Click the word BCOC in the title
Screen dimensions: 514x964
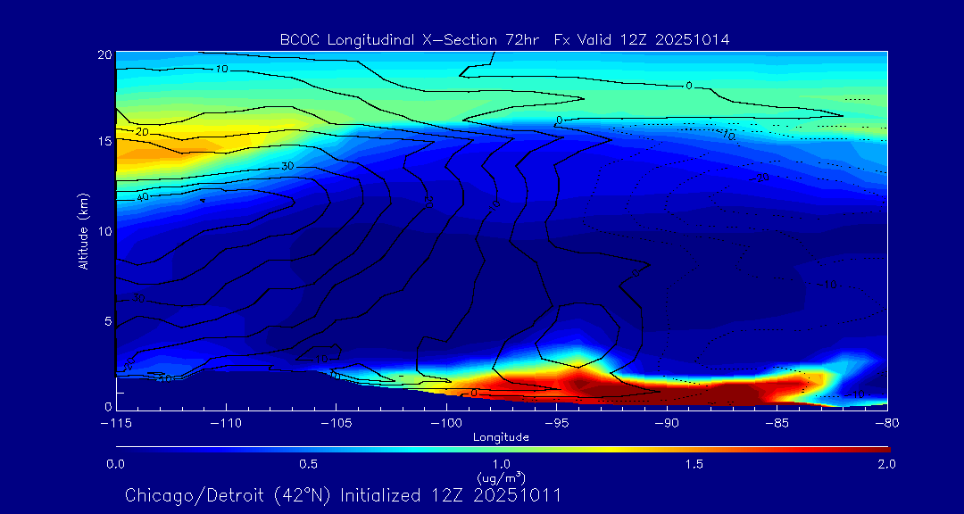tap(299, 39)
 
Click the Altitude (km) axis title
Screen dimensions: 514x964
tap(84, 230)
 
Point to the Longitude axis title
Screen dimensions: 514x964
tap(501, 437)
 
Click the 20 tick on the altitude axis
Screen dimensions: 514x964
tap(104, 54)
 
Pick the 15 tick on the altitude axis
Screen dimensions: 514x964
tap(104, 143)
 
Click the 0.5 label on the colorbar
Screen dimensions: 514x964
tap(309, 464)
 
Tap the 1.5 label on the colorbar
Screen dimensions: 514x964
tap(694, 464)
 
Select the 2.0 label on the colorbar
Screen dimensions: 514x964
tap(887, 464)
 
